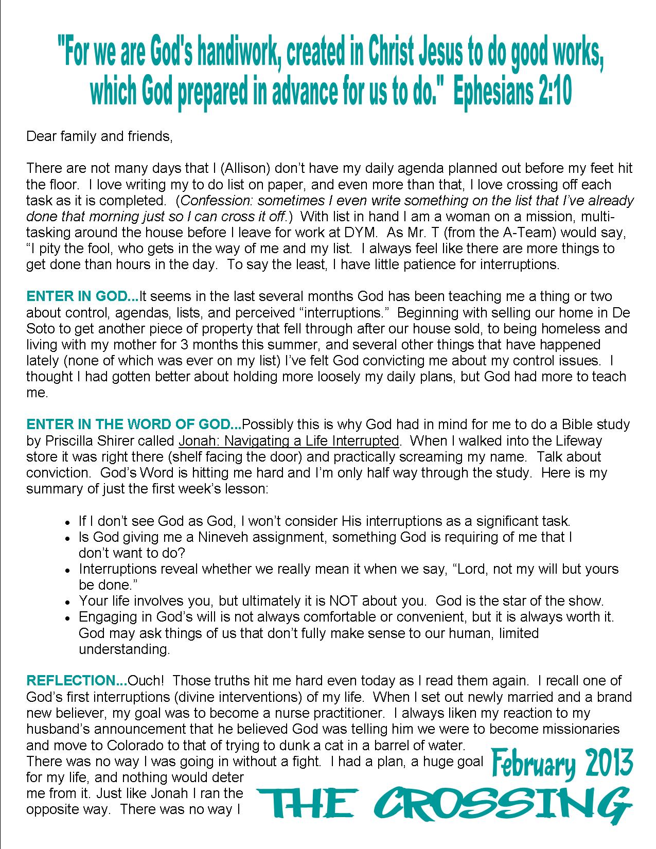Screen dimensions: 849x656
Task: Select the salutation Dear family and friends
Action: tap(98, 136)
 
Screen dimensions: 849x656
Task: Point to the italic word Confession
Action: tap(209, 200)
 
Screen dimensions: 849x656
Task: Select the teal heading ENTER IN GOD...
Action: tap(82, 296)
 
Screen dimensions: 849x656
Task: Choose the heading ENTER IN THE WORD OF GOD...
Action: tap(133, 424)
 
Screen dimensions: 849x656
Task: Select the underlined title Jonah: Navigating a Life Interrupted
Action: tap(289, 440)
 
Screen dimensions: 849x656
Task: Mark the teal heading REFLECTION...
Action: tap(76, 681)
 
